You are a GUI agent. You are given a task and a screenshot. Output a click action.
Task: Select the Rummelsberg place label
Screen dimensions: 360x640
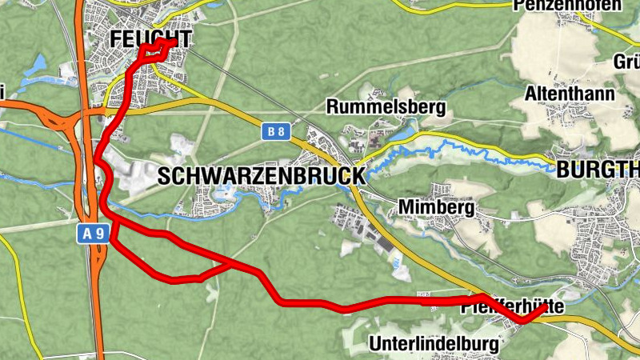tap(386, 106)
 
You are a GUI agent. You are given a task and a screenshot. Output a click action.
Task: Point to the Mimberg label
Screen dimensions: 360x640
tap(436, 209)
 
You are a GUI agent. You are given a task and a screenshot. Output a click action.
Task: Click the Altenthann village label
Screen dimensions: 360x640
tap(570, 94)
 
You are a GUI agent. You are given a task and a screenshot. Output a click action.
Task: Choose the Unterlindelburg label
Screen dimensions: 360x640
tap(436, 345)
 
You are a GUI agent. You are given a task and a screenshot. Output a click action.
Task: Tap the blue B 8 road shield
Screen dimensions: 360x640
tap(276, 131)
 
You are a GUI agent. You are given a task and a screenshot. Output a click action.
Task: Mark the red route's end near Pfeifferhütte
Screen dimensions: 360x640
tap(546, 306)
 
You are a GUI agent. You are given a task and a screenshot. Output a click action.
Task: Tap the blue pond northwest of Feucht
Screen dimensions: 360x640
tap(36, 68)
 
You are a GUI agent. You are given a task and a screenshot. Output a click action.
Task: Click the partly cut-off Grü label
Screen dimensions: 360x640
tap(626, 62)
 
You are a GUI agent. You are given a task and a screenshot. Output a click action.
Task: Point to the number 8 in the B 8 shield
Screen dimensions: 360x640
tap(281, 131)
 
